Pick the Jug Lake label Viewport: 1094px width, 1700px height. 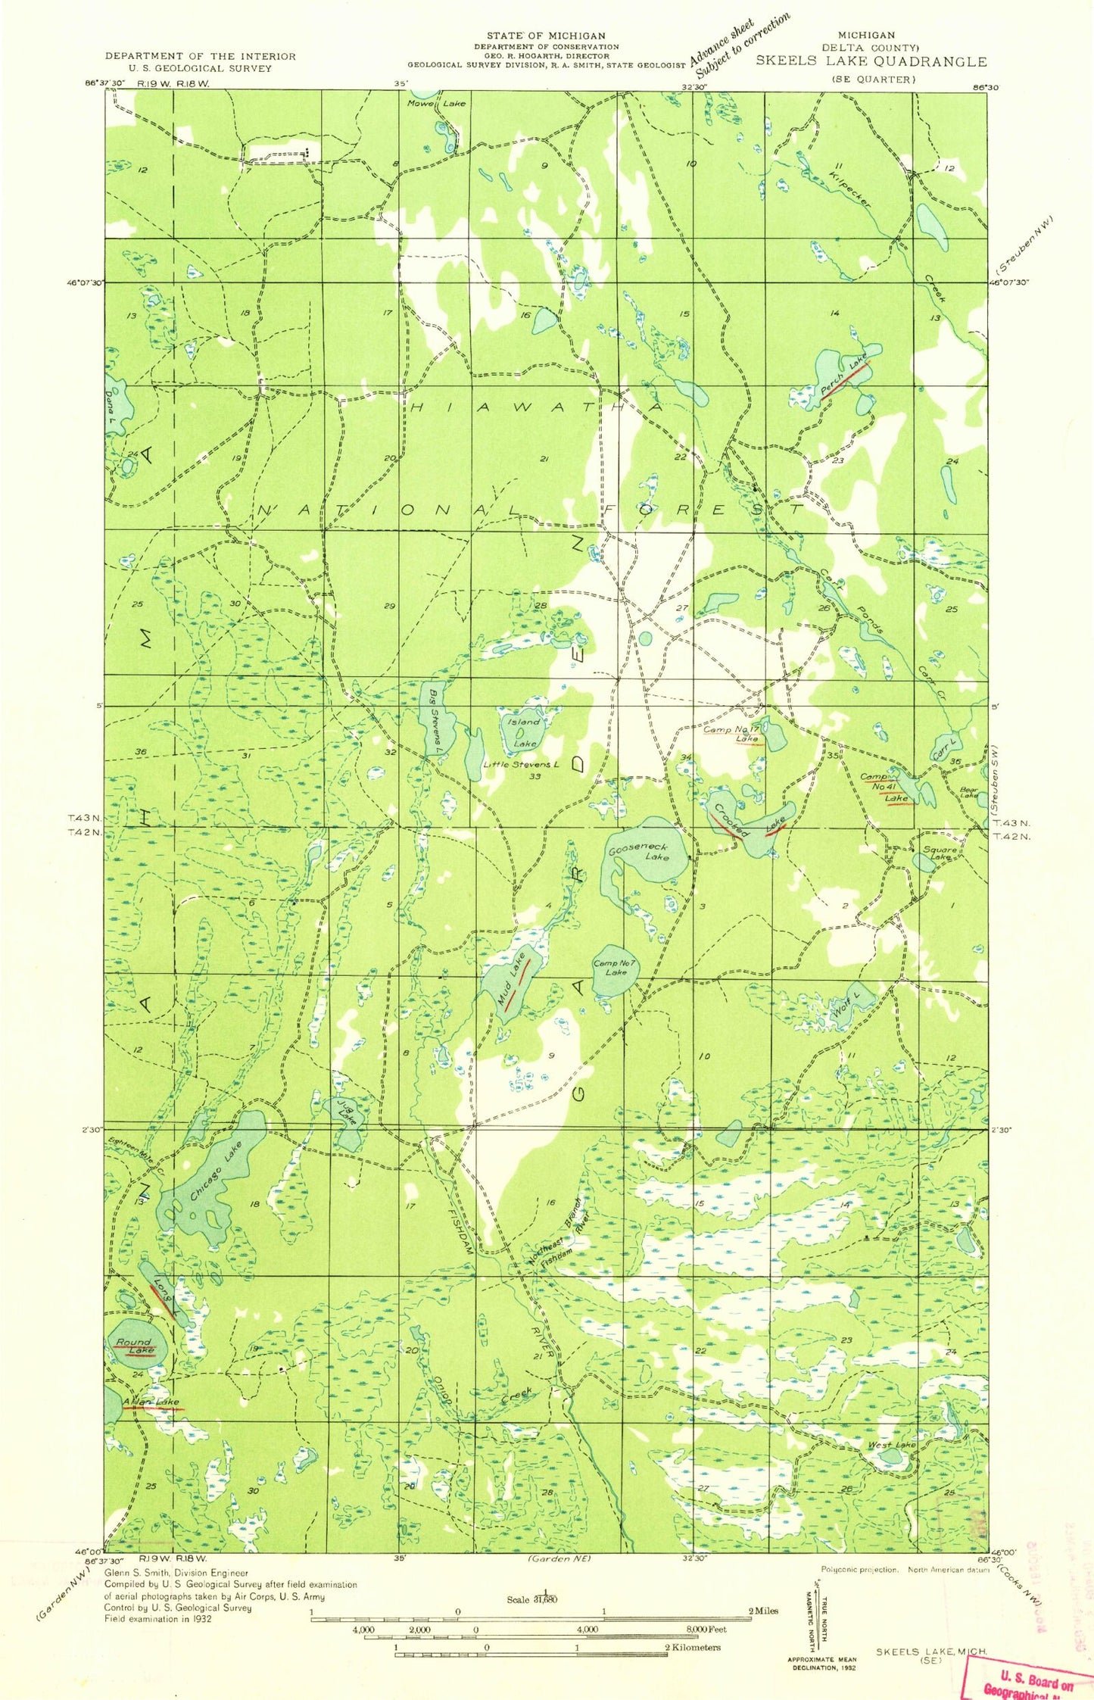(x=344, y=1111)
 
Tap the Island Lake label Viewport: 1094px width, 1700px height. (x=524, y=732)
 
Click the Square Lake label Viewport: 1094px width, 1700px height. (x=940, y=853)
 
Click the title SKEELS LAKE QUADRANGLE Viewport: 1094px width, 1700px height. (x=871, y=62)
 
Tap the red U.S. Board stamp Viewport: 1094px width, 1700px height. (x=1028, y=1677)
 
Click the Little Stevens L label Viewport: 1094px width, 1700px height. (x=522, y=764)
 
